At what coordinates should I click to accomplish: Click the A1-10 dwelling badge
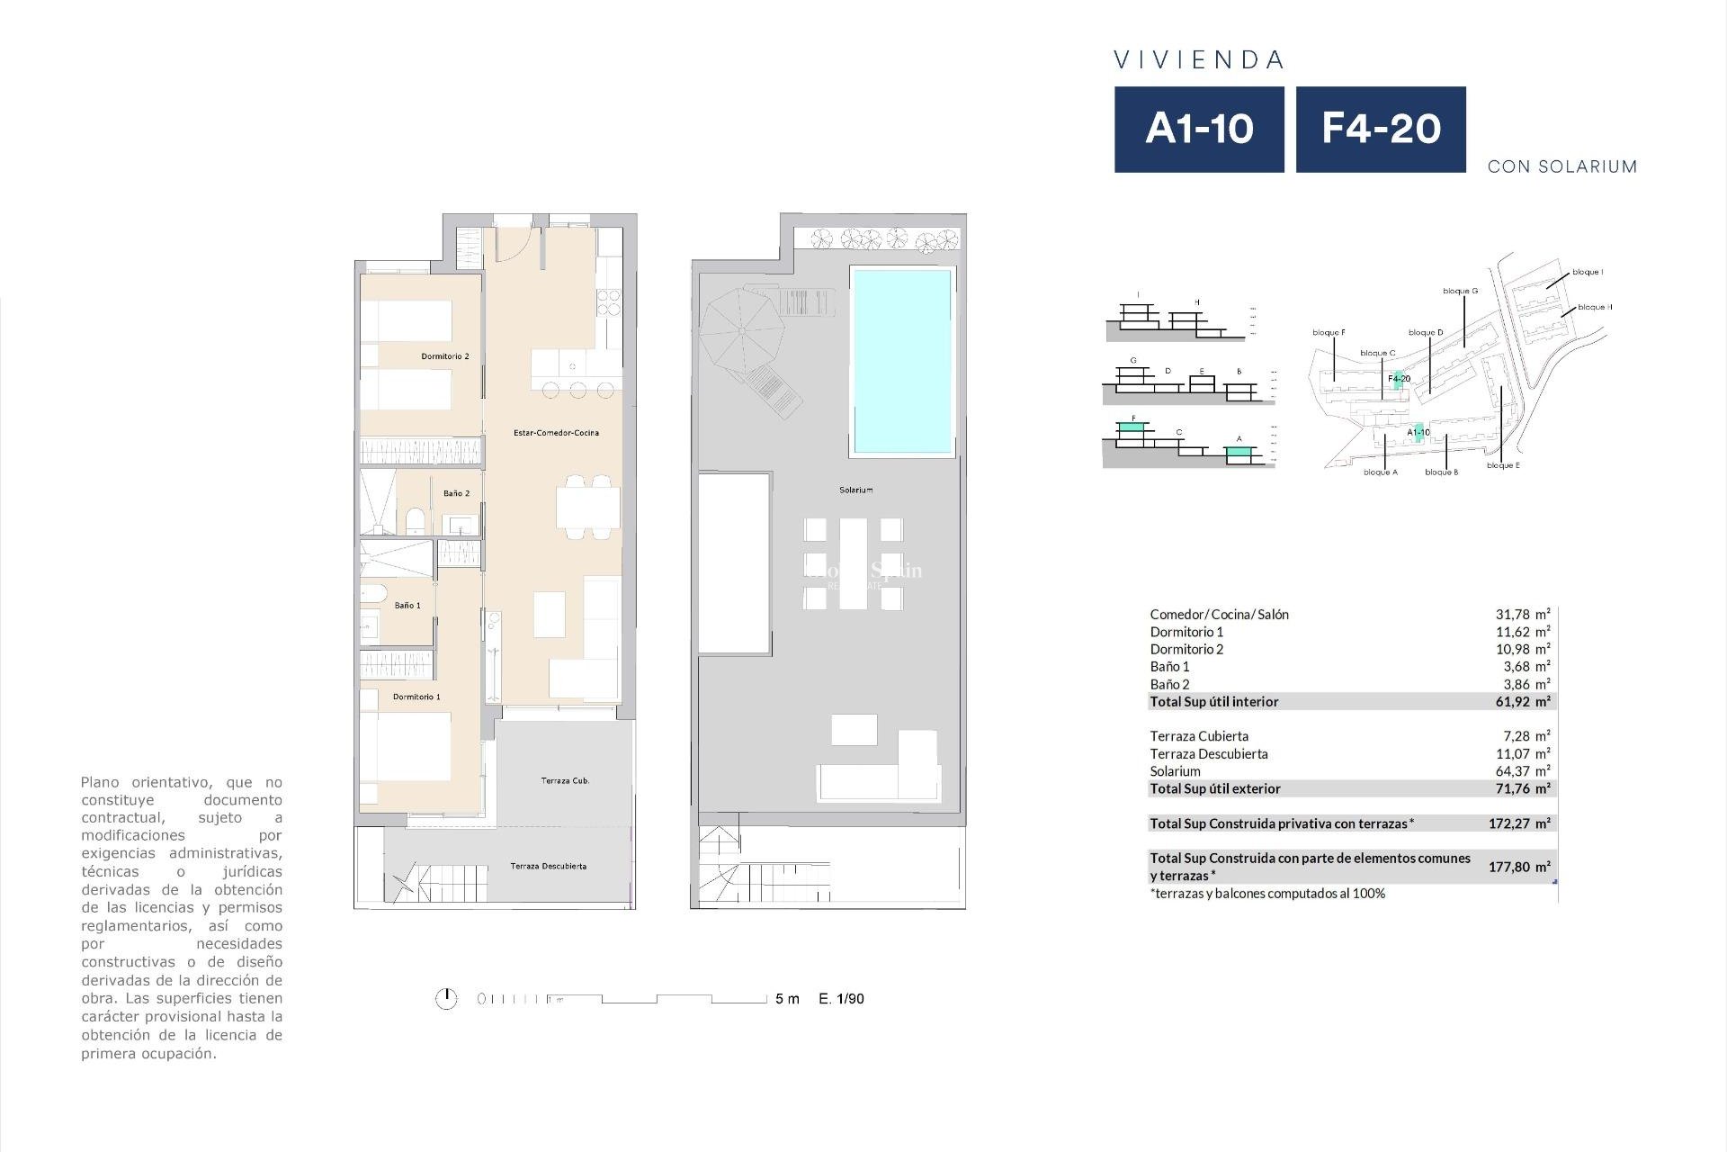coord(1199,129)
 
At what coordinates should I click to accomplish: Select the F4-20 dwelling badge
coord(1381,129)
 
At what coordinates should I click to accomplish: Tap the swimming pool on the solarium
coord(901,360)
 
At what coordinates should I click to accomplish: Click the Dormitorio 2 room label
coord(445,356)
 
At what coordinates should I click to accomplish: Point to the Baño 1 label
coord(407,606)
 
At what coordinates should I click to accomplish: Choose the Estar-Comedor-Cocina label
coord(556,433)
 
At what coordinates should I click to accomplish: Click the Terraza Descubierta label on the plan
coord(548,867)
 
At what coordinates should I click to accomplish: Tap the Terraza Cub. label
coord(565,781)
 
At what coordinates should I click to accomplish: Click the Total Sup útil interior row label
coord(1213,702)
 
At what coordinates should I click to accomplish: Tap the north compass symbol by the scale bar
coord(446,999)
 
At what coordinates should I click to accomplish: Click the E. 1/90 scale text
coord(841,999)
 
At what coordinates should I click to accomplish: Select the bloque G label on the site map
coord(1460,292)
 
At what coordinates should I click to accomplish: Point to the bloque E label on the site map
coord(1503,466)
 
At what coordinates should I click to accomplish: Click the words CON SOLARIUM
coord(1561,166)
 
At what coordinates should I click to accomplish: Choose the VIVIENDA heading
coord(1199,60)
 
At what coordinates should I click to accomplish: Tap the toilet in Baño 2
coord(416,521)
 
